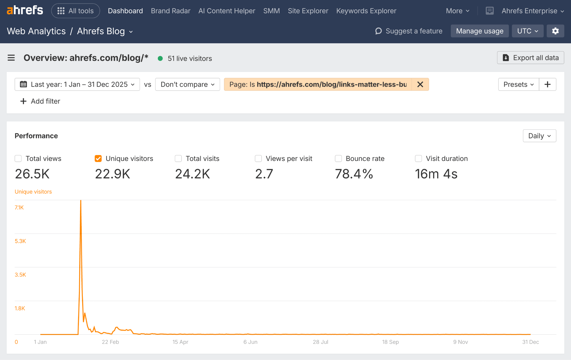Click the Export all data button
(530, 58)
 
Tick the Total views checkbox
(18, 159)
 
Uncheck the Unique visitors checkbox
(98, 159)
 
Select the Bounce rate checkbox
(338, 159)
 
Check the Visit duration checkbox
(418, 159)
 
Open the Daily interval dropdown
(539, 136)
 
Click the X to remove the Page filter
(420, 84)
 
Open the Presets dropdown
(518, 84)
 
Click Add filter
(40, 101)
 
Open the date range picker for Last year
(77, 84)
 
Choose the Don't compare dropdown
(187, 84)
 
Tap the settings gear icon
(555, 31)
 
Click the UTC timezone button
(527, 31)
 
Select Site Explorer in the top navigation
(308, 11)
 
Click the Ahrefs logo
(25, 11)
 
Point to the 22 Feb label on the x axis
(110, 342)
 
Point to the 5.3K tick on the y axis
(20, 241)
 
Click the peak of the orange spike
(81, 201)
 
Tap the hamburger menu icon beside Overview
(11, 58)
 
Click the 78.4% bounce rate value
(354, 174)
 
